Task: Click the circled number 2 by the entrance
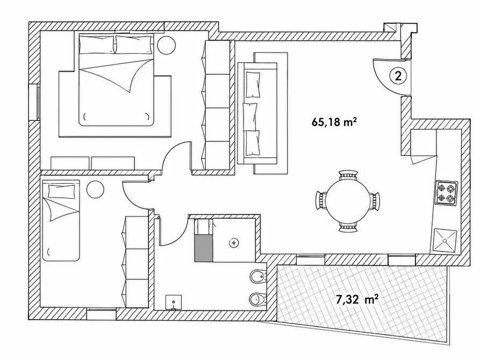pos(398,75)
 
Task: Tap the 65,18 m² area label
pos(334,122)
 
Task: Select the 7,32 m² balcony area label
pos(357,299)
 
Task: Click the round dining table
pos(347,201)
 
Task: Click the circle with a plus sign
pos(234,243)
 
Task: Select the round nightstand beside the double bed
pos(167,45)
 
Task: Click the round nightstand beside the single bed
pos(95,190)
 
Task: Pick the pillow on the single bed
pos(61,191)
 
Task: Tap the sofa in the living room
pos(257,113)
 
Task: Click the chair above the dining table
pos(348,175)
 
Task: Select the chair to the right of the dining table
pos(375,201)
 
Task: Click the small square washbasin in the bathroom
pos(174,303)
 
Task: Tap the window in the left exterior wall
pos(33,102)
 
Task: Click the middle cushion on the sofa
pos(250,116)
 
